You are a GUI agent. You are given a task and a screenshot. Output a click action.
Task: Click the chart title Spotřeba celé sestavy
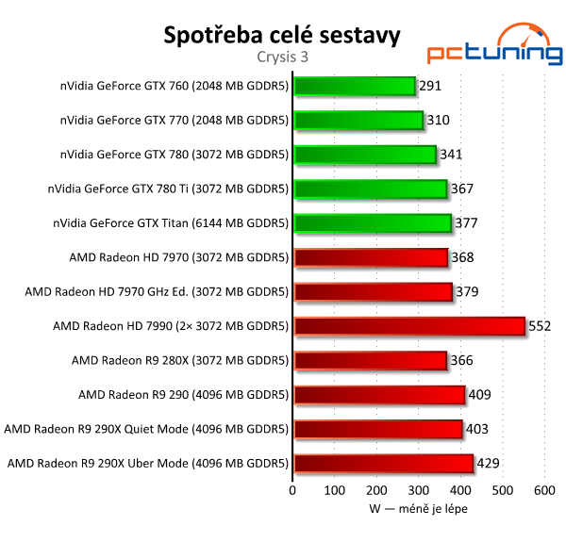tap(282, 35)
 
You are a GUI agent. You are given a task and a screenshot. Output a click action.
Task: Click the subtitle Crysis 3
tap(282, 57)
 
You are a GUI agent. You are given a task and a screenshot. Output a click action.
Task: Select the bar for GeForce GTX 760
tap(355, 86)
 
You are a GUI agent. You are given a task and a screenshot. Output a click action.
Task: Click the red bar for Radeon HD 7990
tap(409, 326)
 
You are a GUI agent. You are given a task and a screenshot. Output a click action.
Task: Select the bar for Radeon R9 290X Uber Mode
tap(383, 463)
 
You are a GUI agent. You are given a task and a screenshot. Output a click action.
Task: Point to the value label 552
tap(539, 326)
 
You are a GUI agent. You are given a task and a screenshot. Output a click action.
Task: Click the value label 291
tap(430, 86)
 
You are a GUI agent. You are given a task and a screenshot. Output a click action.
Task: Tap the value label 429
tap(487, 463)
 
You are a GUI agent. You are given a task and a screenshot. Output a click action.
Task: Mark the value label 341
tap(451, 155)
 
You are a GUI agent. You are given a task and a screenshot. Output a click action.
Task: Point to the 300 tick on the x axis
tap(418, 491)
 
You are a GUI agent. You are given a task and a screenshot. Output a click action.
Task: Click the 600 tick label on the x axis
tap(543, 491)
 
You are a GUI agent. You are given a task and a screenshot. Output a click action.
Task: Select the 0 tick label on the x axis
tap(293, 491)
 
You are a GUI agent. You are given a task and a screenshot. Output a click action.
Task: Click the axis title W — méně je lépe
tap(418, 509)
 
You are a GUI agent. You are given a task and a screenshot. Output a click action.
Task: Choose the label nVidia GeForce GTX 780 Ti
tap(168, 189)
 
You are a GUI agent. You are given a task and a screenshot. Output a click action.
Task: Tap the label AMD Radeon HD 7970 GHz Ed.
tap(157, 291)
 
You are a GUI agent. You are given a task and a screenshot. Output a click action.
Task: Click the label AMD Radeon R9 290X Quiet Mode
tap(146, 429)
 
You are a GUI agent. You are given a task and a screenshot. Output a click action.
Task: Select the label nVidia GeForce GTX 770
tap(174, 120)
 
